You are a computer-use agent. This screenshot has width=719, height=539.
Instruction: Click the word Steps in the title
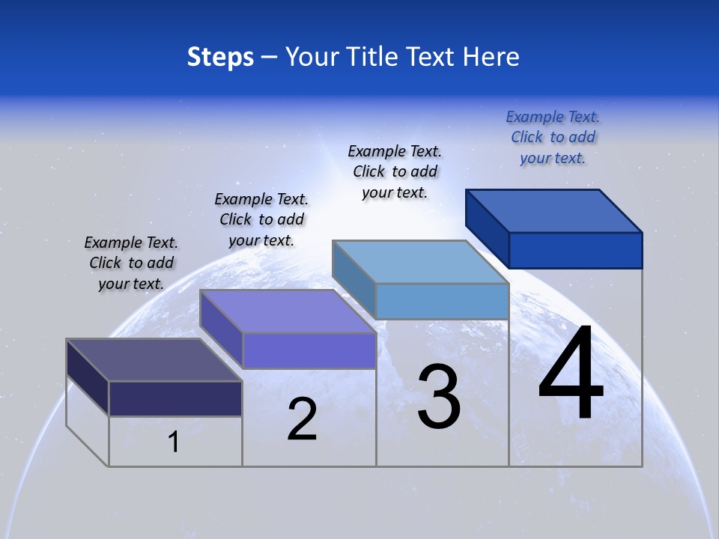(220, 57)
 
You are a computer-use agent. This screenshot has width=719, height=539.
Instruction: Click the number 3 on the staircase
(439, 397)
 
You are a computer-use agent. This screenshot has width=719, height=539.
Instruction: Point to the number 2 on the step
(302, 419)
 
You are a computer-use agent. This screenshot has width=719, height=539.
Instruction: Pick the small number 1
(174, 442)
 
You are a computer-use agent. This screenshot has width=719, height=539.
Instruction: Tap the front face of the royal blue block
(575, 250)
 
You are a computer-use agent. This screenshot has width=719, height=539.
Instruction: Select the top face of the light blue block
(421, 262)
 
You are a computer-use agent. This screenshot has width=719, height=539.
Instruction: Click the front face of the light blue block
(442, 301)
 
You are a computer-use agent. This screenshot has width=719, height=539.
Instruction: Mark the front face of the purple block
(309, 350)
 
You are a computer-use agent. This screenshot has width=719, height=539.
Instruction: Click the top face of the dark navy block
(154, 360)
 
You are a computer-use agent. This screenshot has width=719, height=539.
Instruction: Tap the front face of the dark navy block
(175, 398)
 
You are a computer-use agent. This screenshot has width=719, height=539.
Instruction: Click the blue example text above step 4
(553, 137)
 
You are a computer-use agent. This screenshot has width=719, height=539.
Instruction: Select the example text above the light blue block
(395, 171)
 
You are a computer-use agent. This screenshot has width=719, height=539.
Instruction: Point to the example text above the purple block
(261, 219)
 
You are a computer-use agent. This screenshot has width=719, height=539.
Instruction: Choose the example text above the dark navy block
(131, 263)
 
